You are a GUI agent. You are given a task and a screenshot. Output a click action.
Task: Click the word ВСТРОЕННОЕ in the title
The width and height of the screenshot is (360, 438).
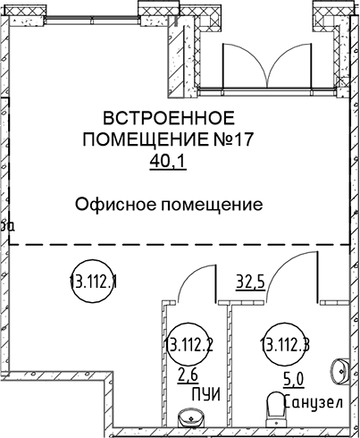pos(169,118)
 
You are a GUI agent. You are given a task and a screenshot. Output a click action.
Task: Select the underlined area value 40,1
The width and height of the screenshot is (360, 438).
pos(168,161)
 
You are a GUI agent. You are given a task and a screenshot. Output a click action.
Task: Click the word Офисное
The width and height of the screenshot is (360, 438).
pos(115,205)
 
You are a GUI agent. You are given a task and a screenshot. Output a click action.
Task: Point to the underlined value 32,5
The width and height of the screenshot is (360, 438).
pos(250,282)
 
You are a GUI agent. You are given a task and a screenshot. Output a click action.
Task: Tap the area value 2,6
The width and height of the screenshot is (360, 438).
pos(188,376)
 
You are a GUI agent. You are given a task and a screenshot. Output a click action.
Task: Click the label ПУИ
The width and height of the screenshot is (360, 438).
pos(206,394)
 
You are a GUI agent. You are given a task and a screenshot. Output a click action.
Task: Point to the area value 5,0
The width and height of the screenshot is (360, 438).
pos(294,380)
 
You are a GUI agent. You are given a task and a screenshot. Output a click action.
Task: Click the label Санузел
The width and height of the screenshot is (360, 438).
pos(314,402)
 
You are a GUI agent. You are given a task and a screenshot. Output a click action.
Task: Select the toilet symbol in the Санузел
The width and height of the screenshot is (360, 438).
pos(277,410)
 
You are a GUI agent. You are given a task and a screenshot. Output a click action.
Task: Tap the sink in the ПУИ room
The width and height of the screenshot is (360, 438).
pos(191,417)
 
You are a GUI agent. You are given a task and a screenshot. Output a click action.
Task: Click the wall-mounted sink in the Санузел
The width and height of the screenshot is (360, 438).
pos(339,371)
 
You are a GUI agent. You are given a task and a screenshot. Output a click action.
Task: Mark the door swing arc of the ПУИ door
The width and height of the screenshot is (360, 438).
pos(190,275)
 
